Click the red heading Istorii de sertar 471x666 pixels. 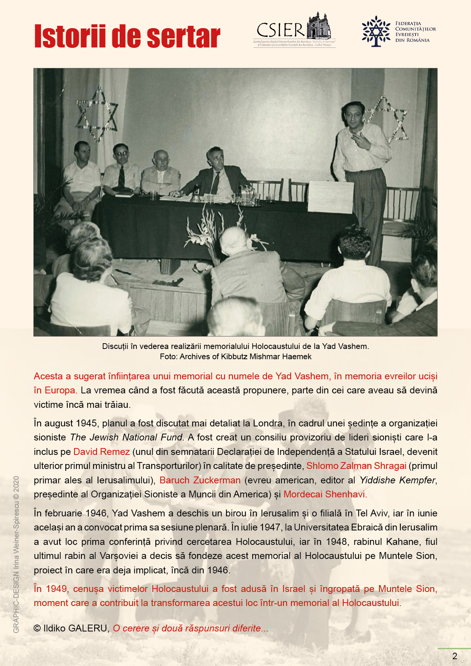(x=127, y=36)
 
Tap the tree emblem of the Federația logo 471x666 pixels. (x=376, y=31)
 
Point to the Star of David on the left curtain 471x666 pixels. (x=97, y=114)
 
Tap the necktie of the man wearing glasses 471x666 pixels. (x=121, y=176)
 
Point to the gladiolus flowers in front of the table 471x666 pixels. (x=213, y=232)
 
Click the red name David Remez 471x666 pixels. (x=101, y=452)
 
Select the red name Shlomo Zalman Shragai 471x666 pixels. (x=356, y=466)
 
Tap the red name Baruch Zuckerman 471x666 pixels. (x=200, y=480)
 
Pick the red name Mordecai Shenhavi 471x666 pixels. (x=325, y=494)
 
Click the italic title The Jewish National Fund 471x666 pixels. (x=127, y=437)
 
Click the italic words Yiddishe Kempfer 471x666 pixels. (x=397, y=480)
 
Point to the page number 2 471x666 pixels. (x=455, y=656)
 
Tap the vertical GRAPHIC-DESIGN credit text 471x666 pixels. (x=16, y=554)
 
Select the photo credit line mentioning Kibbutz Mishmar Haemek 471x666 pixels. (x=235, y=357)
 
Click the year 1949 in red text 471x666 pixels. (x=56, y=589)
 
